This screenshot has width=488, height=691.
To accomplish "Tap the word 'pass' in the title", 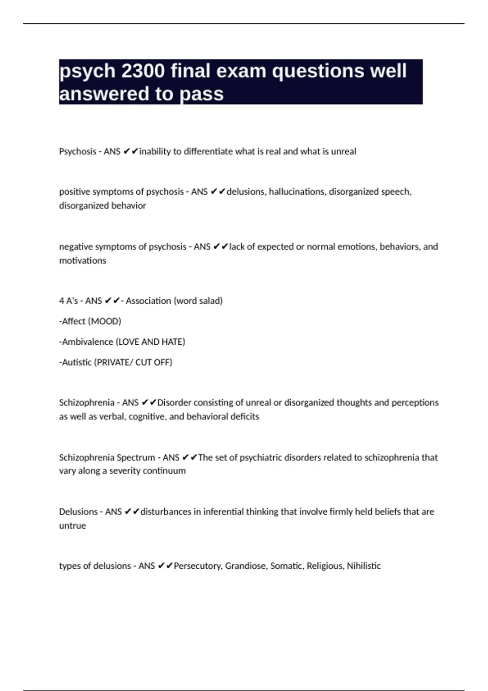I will click(202, 94).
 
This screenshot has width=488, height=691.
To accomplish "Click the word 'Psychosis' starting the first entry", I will click(78, 152).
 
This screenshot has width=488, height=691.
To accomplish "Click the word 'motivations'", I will click(83, 261).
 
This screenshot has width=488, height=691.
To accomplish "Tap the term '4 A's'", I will click(68, 301).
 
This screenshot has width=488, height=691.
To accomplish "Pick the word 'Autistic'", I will click(77, 362).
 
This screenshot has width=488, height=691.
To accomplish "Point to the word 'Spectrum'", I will click(136, 458).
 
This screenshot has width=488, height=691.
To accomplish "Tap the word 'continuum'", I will click(168, 471).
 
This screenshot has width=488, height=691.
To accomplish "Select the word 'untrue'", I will click(72, 526).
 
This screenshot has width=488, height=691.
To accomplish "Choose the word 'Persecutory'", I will click(198, 566).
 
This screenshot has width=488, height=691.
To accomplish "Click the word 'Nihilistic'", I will click(364, 566).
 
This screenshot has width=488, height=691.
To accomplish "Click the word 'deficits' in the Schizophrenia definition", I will click(244, 417).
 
